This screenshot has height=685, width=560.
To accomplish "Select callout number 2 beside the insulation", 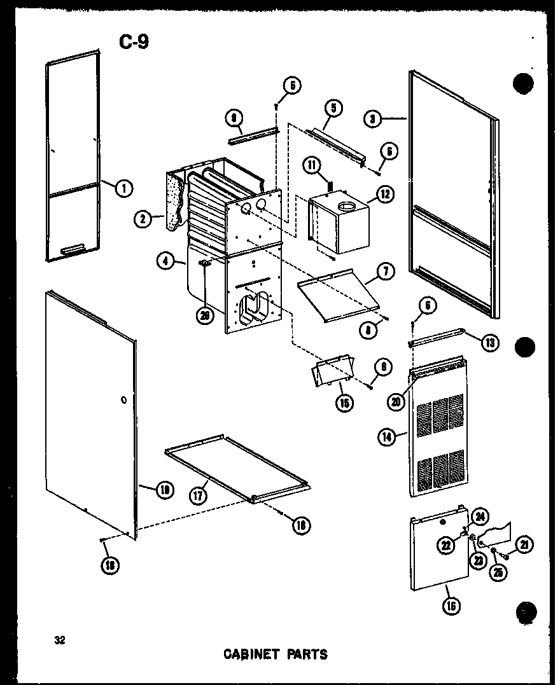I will pyautogui.click(x=143, y=219).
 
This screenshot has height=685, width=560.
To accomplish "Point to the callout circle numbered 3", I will pyautogui.click(x=373, y=118).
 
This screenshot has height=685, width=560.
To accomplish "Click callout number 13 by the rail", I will pyautogui.click(x=489, y=343).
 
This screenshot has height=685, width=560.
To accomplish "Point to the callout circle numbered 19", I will pyautogui.click(x=165, y=489).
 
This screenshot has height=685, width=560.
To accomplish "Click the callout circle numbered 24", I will pyautogui.click(x=480, y=516).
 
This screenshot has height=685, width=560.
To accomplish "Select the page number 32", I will pyautogui.click(x=60, y=639).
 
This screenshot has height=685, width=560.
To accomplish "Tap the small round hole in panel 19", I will pyautogui.click(x=122, y=401).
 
